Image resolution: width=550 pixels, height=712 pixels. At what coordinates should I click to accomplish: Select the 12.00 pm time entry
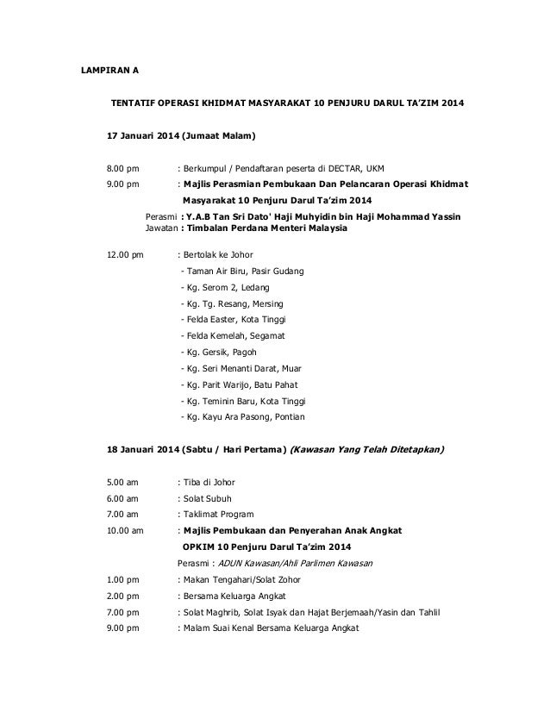pos(124,255)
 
